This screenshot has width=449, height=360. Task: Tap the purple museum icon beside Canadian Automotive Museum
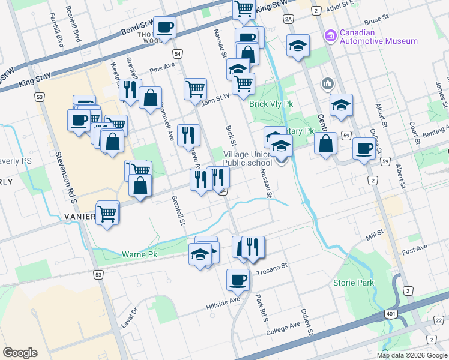[330, 37]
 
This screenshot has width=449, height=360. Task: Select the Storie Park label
[354, 283]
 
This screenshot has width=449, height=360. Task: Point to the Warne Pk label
[140, 254]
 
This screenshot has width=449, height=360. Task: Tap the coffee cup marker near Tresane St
[238, 279]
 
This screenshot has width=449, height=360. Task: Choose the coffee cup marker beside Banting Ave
[363, 148]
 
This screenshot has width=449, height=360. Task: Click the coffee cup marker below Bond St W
[164, 26]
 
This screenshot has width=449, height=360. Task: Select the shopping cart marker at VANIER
[107, 212]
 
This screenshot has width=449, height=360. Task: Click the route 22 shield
[439, 322]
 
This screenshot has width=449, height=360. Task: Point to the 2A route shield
[289, 20]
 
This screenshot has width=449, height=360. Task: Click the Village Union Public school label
[247, 158]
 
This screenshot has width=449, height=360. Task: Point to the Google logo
[20, 352]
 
